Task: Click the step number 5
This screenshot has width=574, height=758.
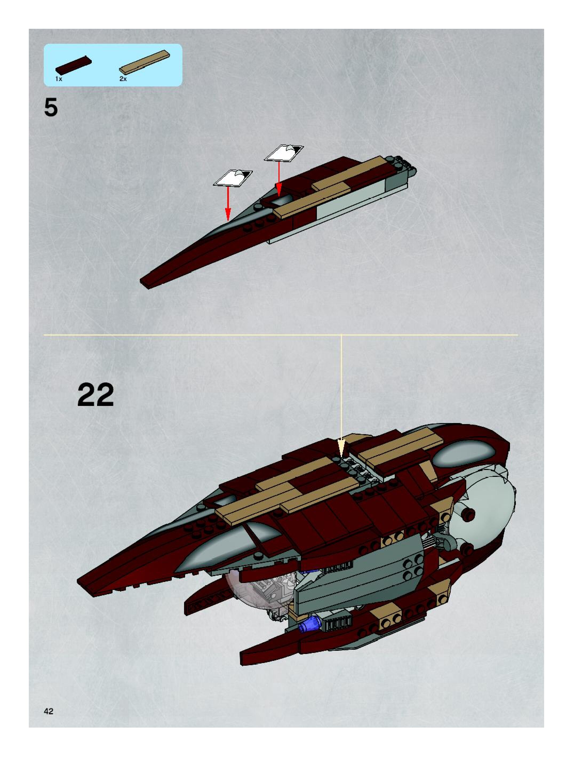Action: pyautogui.click(x=51, y=107)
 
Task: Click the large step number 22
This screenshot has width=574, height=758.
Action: pyautogui.click(x=95, y=395)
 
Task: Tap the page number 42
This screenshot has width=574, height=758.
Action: pyautogui.click(x=49, y=711)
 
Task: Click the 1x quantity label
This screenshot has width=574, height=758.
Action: pyautogui.click(x=59, y=79)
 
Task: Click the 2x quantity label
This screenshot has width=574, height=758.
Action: pyautogui.click(x=123, y=79)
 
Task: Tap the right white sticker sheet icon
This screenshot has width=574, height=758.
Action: pyautogui.click(x=284, y=153)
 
